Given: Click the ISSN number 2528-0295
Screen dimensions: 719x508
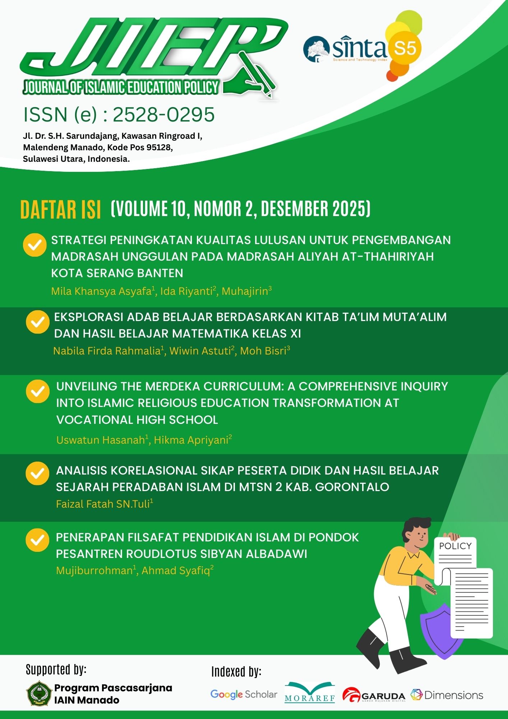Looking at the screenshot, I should (x=164, y=115).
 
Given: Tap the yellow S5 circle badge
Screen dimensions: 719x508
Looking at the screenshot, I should (x=405, y=48).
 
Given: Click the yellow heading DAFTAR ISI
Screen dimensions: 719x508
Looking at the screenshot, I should (x=60, y=210).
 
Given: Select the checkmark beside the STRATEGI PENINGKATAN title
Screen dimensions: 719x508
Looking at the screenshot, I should (x=35, y=245).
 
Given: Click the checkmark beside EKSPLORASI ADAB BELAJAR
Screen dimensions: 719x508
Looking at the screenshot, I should (x=37, y=322).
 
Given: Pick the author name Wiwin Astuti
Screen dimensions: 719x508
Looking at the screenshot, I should (x=200, y=351).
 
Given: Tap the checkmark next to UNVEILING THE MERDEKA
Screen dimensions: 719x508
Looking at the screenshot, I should (x=37, y=391).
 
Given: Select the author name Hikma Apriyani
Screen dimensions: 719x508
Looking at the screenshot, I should (x=191, y=440).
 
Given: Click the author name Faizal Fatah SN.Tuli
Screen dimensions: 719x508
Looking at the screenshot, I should (x=103, y=504).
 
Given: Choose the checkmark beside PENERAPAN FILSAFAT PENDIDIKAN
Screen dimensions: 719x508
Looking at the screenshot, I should (x=37, y=540).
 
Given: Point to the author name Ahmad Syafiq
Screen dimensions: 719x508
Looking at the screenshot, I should (x=176, y=571).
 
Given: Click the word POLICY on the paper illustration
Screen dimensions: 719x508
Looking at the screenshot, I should (x=455, y=546).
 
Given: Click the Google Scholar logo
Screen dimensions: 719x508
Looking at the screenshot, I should (x=244, y=694).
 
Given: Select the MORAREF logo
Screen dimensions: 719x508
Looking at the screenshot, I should (x=310, y=693).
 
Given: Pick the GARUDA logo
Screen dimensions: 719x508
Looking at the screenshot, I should (x=374, y=695).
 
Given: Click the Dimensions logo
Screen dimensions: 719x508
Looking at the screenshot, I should (x=447, y=695).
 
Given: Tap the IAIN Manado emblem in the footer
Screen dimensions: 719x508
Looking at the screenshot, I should (x=39, y=693).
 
